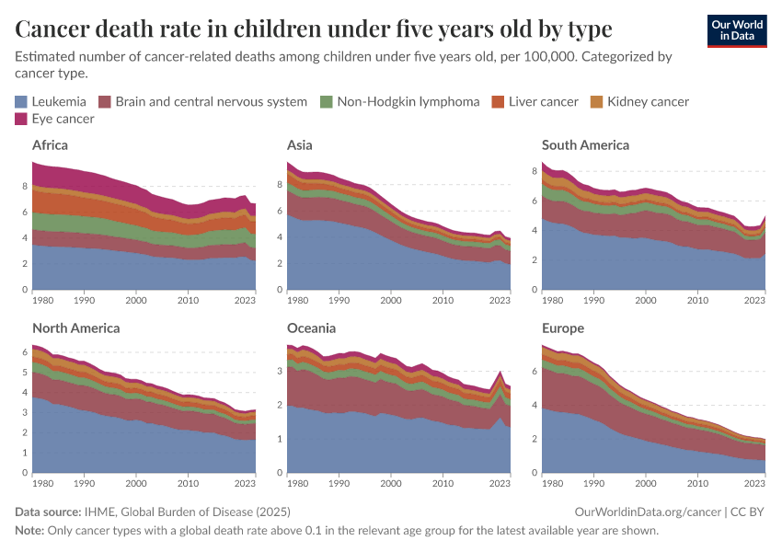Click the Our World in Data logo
736,29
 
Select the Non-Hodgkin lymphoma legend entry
408,101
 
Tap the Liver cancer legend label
543,101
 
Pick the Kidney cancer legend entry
648,101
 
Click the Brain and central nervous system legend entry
211,101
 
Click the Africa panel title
50,145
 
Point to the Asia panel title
299,145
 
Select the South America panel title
585,145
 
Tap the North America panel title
75,328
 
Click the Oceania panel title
311,328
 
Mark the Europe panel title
563,328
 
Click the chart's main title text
314,29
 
